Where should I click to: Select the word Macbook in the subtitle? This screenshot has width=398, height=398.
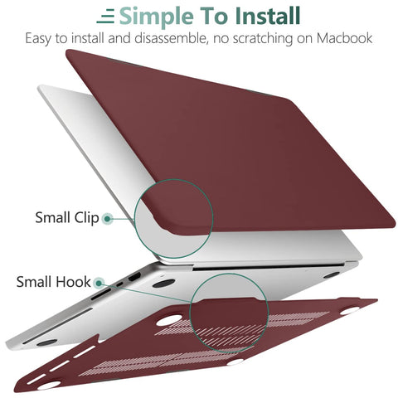coord(342,39)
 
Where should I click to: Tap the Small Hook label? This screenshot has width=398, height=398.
coord(53,282)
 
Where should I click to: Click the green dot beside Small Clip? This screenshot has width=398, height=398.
coord(107,219)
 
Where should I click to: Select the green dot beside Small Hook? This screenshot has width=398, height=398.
coord(99,283)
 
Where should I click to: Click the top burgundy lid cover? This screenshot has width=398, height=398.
coord(249,124)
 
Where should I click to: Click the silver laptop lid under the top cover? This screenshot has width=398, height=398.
coord(75,141)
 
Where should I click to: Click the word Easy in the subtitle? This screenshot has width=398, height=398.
coord(39,39)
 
